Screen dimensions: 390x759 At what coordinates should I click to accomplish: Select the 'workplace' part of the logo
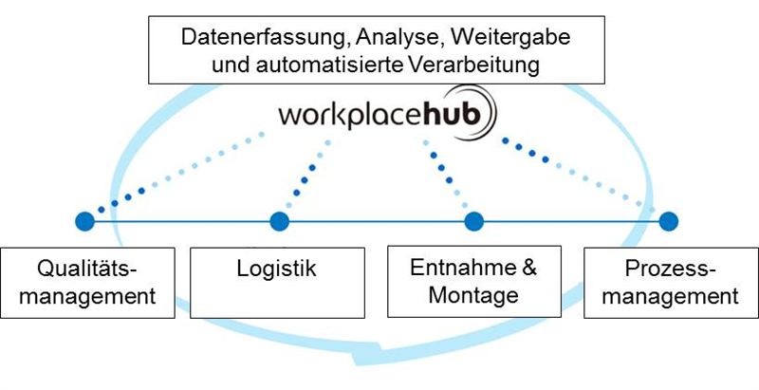pyautogui.click(x=347, y=118)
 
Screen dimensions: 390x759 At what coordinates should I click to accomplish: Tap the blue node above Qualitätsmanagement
pyautogui.click(x=84, y=221)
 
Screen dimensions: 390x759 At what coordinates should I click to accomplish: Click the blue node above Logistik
pyautogui.click(x=279, y=221)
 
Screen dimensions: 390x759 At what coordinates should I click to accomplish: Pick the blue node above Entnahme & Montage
pyautogui.click(x=473, y=221)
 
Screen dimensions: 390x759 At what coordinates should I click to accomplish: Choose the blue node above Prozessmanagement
pyautogui.click(x=669, y=221)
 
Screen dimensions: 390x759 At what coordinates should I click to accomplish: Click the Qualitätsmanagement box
pyautogui.click(x=89, y=282)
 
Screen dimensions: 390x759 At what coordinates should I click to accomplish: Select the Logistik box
pyautogui.click(x=276, y=282)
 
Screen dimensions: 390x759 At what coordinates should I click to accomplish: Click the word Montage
pyautogui.click(x=473, y=295)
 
